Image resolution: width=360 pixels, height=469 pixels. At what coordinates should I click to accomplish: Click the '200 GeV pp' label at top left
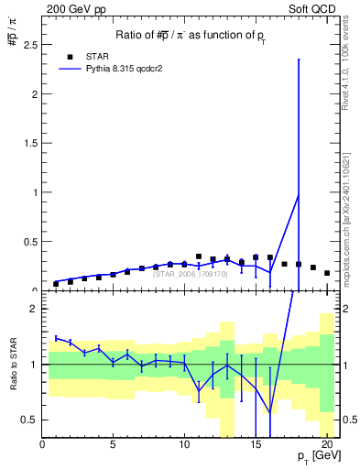[x=72, y=7]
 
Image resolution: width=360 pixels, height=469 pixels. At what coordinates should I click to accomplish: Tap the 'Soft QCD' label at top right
[x=314, y=7]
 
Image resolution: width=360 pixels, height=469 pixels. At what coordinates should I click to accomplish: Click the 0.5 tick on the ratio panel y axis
[x=33, y=420]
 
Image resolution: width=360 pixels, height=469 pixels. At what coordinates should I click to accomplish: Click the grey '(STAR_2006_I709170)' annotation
[x=191, y=273]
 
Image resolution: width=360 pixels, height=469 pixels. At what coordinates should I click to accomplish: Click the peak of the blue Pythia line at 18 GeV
[x=299, y=194]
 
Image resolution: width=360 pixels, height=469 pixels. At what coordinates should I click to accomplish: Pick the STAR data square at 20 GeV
[x=327, y=273]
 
